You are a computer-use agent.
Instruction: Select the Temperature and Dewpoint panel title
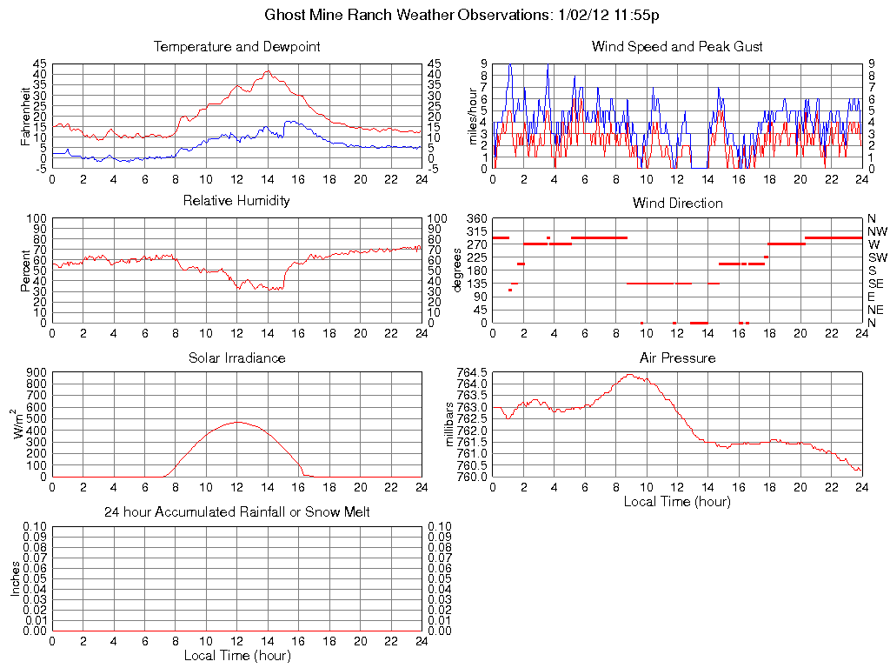point(236,47)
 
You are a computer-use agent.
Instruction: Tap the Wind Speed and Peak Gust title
point(677,47)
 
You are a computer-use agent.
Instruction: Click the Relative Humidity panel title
point(236,201)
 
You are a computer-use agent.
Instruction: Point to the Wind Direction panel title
point(677,204)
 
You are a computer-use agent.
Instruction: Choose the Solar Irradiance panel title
point(236,357)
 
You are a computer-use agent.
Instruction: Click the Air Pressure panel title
point(677,357)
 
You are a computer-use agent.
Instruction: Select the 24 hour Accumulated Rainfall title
point(236,512)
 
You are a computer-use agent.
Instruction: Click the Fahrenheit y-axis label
point(25,116)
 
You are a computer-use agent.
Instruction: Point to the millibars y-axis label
point(449,424)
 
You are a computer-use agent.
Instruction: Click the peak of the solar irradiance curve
point(237,422)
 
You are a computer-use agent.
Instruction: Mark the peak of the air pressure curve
point(629,375)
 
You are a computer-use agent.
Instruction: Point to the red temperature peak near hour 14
point(268,71)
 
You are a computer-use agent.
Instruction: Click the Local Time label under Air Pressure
point(677,501)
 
